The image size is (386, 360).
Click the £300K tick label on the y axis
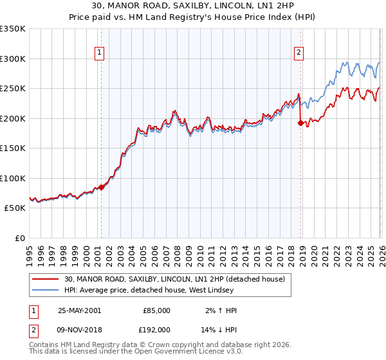coord(13,59)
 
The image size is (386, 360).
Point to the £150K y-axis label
coord(13,148)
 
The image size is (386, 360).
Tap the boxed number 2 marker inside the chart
coord(299,53)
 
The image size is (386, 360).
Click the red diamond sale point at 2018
coord(300,123)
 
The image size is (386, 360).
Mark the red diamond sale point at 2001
coord(102,188)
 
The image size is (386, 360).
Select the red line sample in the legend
coord(46,279)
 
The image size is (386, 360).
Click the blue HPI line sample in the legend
coord(46,291)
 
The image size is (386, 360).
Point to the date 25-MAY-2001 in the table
coord(79,310)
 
